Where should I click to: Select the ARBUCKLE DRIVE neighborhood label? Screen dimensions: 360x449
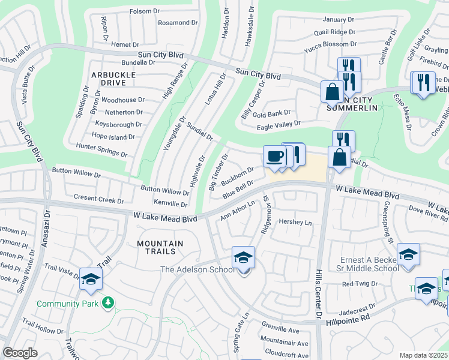113,79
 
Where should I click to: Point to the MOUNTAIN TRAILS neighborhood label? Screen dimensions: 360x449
159,247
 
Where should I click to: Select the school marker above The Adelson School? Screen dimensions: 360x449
243,258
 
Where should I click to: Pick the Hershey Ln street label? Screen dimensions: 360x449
296,223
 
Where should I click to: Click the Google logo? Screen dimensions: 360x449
20,353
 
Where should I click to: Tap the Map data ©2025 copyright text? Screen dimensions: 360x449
423,355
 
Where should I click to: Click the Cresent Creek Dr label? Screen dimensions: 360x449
98,197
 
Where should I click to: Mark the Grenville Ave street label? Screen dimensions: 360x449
280,331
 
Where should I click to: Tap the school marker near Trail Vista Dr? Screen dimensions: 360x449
91,280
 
